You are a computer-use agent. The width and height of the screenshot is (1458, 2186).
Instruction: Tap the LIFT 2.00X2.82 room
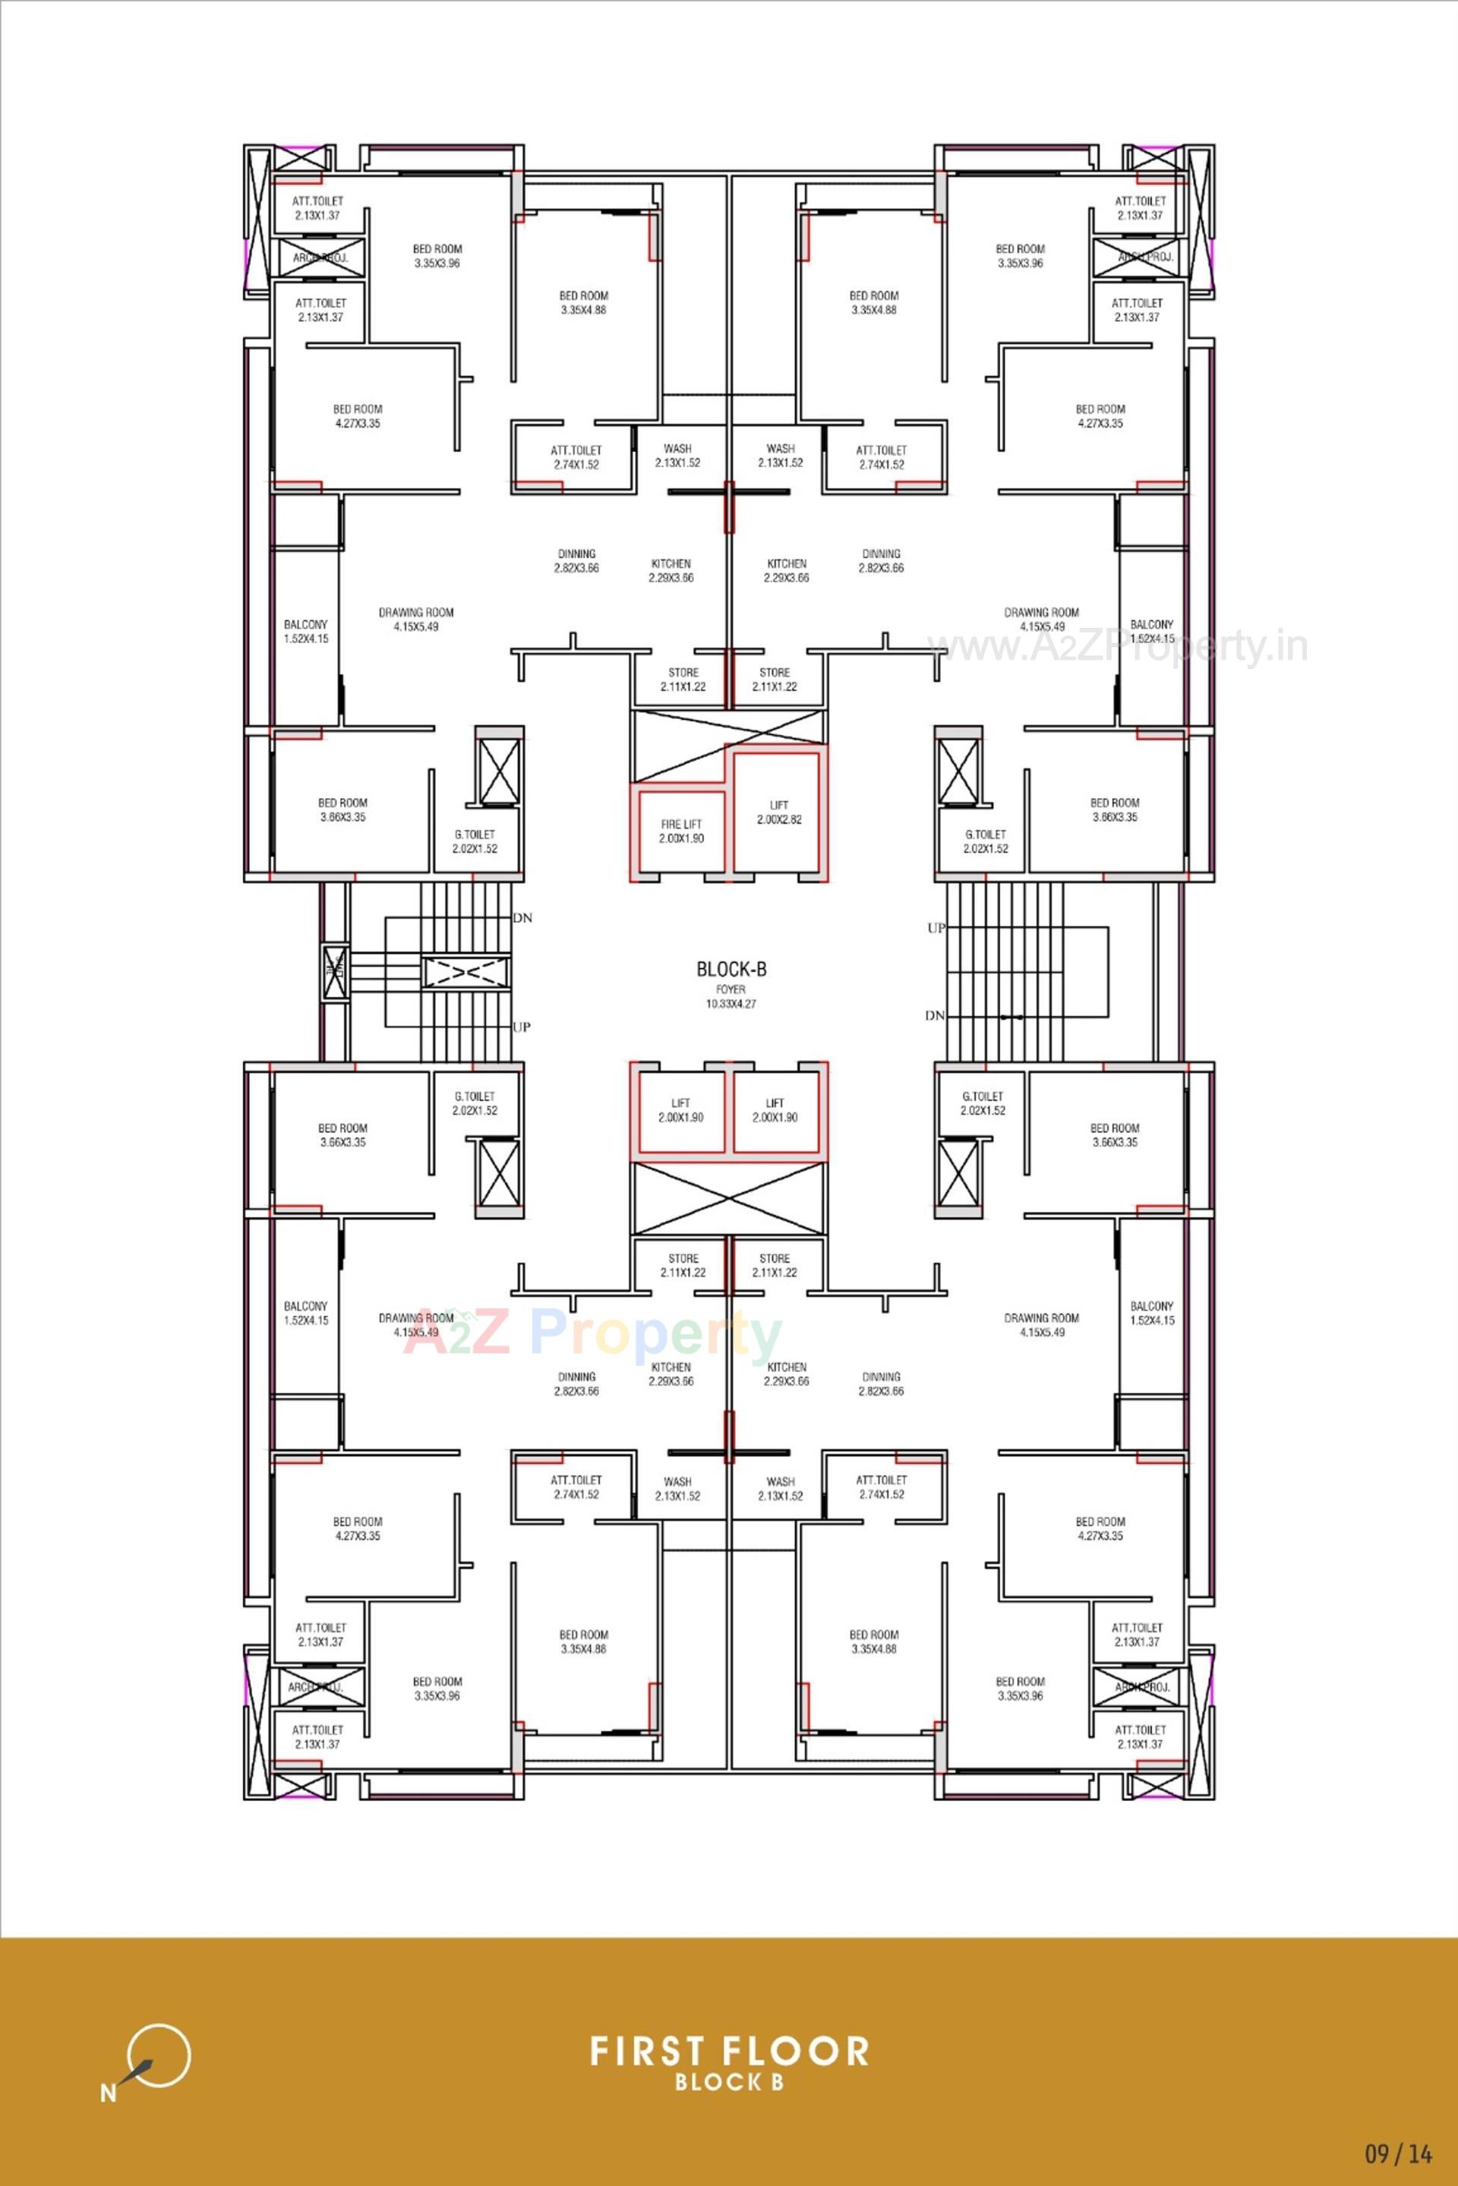778,812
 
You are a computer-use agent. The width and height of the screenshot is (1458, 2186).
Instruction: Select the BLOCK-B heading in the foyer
731,969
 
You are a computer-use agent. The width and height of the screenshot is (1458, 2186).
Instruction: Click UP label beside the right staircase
936,928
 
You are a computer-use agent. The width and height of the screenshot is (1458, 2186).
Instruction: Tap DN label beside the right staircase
935,1015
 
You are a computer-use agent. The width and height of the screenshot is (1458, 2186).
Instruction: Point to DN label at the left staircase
522,918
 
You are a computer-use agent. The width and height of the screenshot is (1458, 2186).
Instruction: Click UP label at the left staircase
522,1027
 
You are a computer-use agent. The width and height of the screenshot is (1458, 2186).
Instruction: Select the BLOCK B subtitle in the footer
729,2082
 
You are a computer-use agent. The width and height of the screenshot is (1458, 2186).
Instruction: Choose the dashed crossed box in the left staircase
465,973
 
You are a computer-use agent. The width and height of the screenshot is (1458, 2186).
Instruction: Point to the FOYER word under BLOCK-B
731,989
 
